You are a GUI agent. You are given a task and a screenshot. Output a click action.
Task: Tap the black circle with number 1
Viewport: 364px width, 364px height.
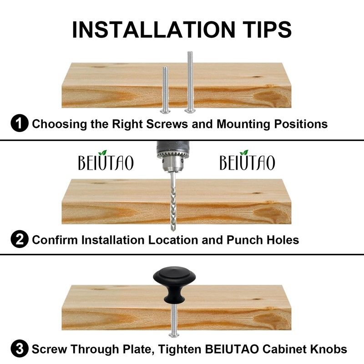pos(19,123)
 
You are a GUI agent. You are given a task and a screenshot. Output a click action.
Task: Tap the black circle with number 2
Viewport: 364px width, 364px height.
pos(19,240)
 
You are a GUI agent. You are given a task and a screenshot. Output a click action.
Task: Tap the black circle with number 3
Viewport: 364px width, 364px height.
pos(19,349)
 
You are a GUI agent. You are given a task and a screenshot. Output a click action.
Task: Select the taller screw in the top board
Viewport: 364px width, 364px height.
pos(190,82)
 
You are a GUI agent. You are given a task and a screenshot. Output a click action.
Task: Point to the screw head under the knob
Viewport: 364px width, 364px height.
pos(173,334)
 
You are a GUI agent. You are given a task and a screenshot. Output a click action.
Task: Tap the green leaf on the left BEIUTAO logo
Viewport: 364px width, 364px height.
pos(103,152)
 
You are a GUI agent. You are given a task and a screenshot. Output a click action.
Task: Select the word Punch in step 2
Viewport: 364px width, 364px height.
pos(246,240)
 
